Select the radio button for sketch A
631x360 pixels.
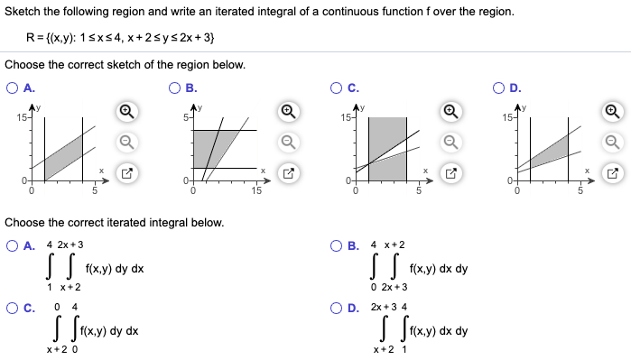(12, 89)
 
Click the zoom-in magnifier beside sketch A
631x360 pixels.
(127, 112)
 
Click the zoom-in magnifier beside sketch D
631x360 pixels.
(614, 112)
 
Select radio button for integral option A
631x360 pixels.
(12, 245)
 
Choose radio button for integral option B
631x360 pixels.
(337, 245)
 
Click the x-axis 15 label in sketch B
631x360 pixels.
(256, 190)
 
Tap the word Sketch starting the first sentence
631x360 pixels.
(23, 12)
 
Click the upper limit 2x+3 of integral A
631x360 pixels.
(70, 245)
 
